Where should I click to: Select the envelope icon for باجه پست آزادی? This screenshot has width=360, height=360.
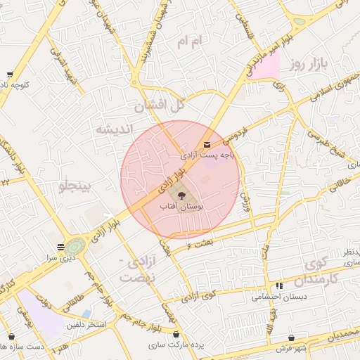[205, 145]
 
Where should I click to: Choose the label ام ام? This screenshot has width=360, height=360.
[190, 44]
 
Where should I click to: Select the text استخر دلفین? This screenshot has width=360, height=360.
[86, 326]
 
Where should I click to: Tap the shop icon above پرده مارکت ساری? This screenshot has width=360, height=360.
[175, 335]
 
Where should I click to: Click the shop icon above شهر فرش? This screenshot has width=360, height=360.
[291, 338]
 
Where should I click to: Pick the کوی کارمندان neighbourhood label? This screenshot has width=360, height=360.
[321, 271]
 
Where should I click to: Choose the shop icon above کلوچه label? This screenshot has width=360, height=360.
[9, 75]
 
